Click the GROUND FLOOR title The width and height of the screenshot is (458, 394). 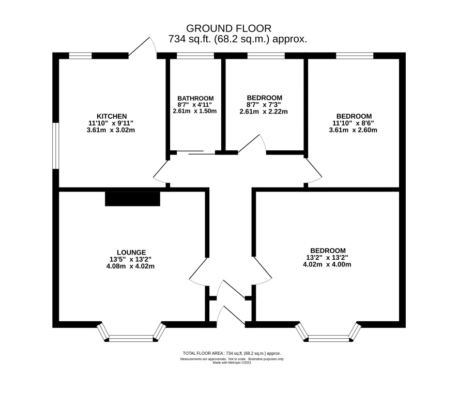(228, 28)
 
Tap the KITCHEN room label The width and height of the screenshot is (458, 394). (112, 117)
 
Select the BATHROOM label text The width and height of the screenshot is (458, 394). (195, 98)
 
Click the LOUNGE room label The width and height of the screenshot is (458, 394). (131, 253)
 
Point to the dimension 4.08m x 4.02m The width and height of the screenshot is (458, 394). (131, 266)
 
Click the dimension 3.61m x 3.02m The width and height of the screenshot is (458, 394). (111, 130)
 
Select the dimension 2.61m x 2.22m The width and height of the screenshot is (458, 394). (264, 112)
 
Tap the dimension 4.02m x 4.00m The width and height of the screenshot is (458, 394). (327, 264)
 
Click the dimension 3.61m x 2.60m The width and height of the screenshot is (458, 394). (353, 130)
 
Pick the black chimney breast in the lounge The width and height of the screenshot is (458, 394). (133, 199)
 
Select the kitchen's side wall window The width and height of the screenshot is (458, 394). (56, 146)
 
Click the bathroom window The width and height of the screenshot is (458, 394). (195, 55)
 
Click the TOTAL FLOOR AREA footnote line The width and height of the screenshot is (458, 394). (232, 353)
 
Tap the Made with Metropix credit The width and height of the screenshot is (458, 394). (232, 363)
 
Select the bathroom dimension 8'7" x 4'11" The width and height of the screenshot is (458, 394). (194, 105)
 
